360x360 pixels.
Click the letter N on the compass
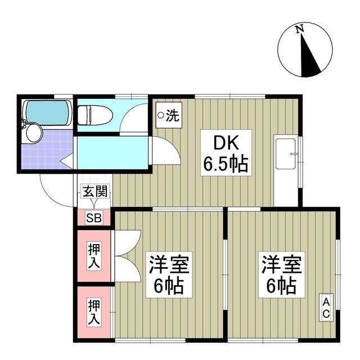click(300, 28)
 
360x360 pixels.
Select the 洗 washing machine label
click(173, 116)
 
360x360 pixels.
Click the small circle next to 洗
click(160, 116)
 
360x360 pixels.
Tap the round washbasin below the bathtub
click(34, 133)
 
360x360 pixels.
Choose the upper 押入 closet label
click(93, 255)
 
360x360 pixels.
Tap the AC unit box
click(326, 308)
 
